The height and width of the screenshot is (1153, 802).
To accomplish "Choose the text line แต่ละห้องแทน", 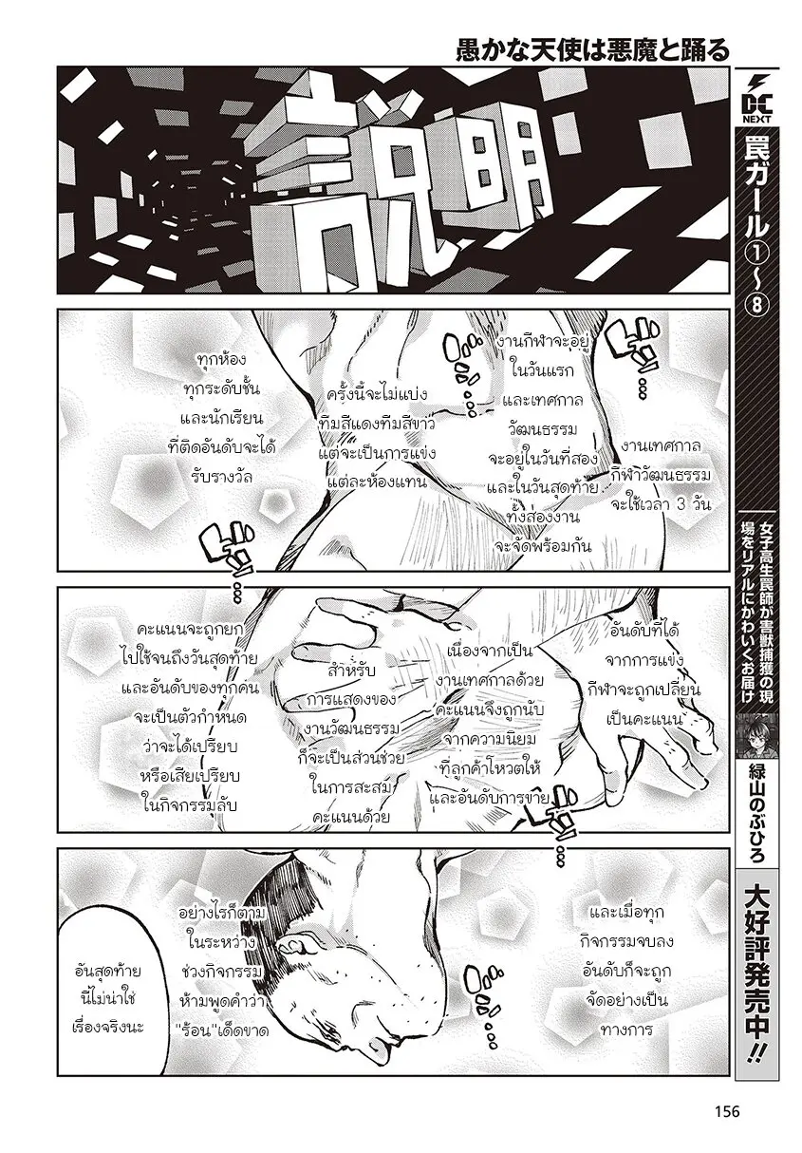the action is click(x=378, y=482).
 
